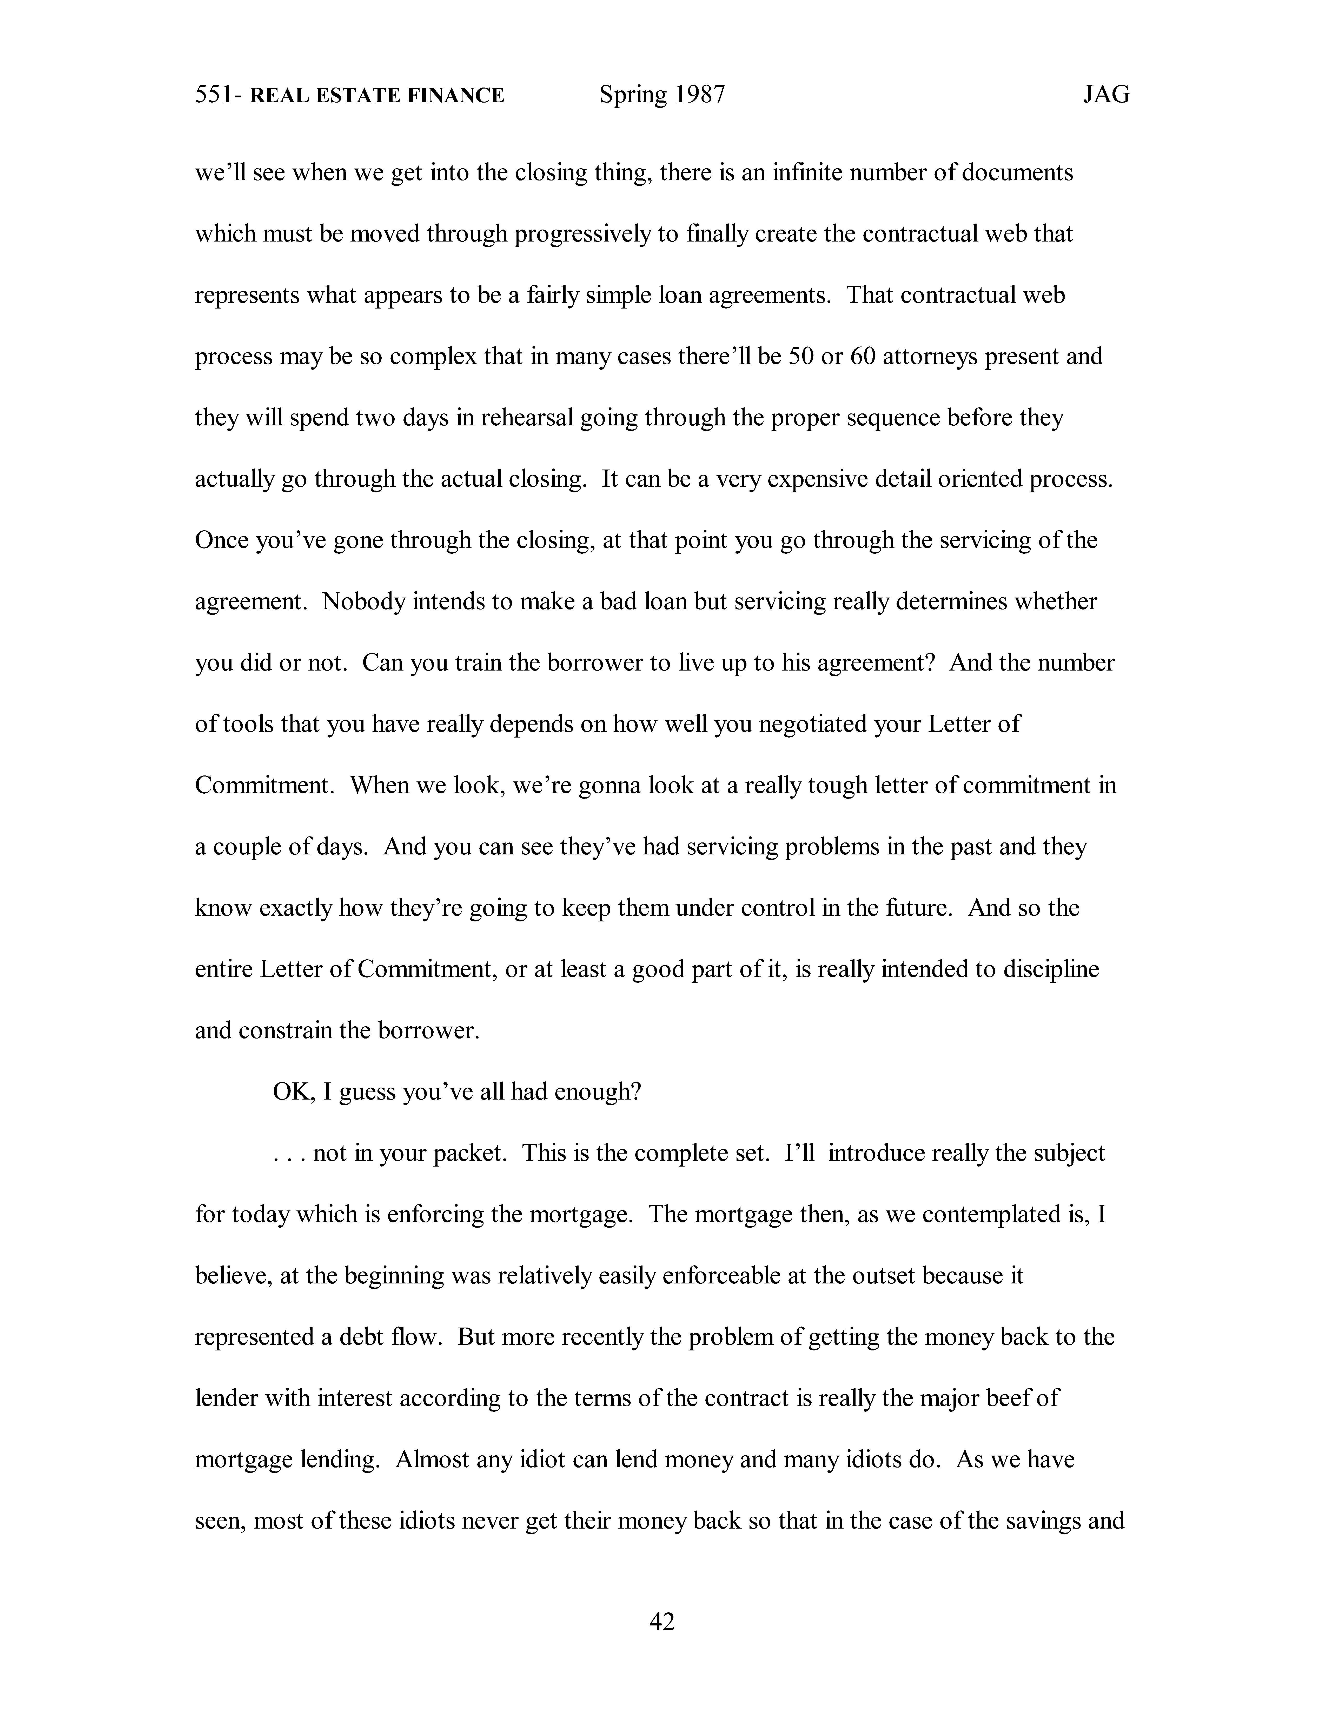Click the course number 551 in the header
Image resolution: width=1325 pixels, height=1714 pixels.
click(212, 95)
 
